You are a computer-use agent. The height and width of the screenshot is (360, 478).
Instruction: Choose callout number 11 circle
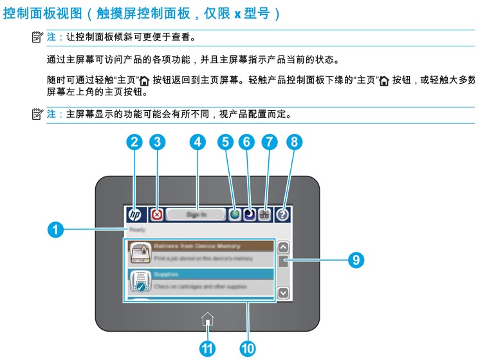pos(207,348)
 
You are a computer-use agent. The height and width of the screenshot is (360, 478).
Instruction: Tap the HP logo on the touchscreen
pos(135,215)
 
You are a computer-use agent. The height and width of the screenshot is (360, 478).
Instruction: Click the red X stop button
pos(156,215)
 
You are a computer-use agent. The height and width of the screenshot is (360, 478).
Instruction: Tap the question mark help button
pos(283,215)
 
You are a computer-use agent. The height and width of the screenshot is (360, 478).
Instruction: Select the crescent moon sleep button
pos(250,215)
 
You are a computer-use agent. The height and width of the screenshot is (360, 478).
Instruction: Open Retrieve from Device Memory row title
pos(197,246)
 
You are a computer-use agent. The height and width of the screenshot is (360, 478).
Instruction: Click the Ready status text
pos(137,230)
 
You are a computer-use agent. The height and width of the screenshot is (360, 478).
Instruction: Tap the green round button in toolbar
pos(235,215)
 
